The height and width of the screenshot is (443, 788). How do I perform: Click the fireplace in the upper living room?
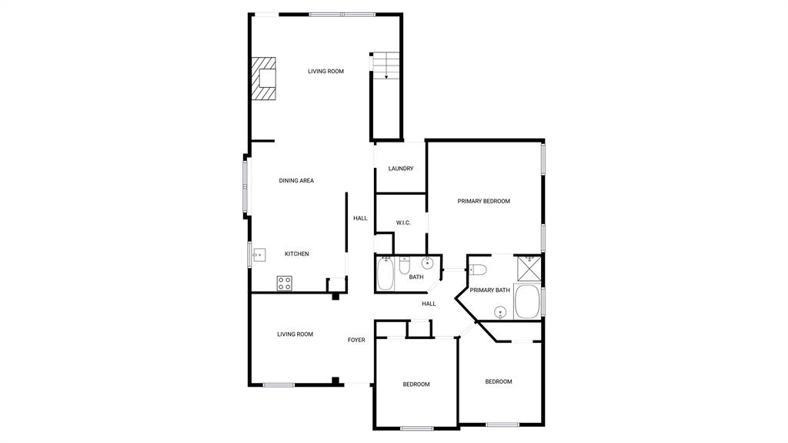point(263,79)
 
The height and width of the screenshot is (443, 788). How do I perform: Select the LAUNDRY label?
point(401,169)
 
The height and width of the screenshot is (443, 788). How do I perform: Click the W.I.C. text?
point(403,223)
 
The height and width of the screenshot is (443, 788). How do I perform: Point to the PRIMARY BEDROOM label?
point(483,201)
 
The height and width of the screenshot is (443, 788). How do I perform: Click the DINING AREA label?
point(296,180)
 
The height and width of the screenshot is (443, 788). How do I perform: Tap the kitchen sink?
point(259,253)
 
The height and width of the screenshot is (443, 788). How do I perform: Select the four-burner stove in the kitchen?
point(285,283)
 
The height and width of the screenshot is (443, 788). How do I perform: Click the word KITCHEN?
point(297,253)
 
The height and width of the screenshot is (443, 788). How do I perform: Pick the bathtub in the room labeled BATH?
point(386,274)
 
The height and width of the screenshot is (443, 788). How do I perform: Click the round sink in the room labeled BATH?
point(428,264)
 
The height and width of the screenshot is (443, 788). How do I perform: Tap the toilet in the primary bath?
point(477,269)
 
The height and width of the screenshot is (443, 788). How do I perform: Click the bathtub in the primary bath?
point(527,302)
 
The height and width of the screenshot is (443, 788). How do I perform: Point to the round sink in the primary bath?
point(500,312)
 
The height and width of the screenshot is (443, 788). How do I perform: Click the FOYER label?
point(356,340)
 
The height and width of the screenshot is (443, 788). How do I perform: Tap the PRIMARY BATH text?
point(490,290)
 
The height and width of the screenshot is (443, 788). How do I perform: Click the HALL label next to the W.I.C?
point(360,218)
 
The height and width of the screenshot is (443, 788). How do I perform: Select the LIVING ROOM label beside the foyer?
point(295,334)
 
